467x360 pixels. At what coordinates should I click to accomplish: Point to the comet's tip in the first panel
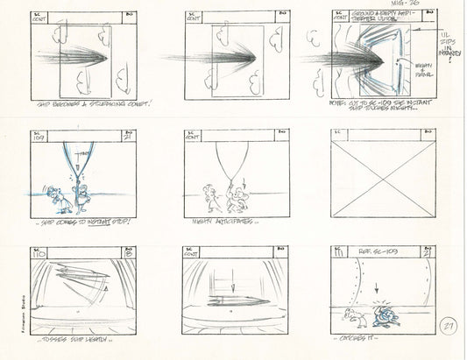(x=106, y=60)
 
